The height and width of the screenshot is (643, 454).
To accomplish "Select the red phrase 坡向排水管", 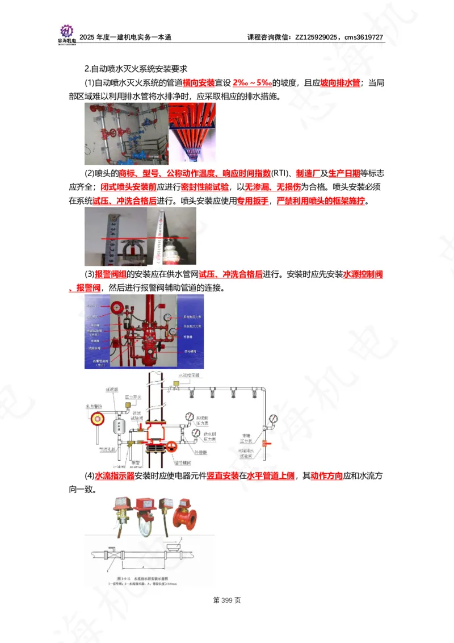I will [x=340, y=83].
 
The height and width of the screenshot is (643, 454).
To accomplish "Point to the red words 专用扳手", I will [x=253, y=201].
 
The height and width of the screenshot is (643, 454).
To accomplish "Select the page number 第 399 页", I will [x=227, y=600].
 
